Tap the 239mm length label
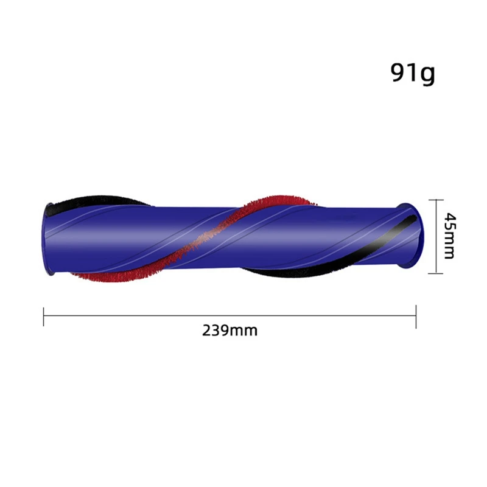click(229, 331)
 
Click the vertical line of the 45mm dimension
click(436, 236)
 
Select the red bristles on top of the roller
click(274, 201)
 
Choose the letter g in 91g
click(427, 75)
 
